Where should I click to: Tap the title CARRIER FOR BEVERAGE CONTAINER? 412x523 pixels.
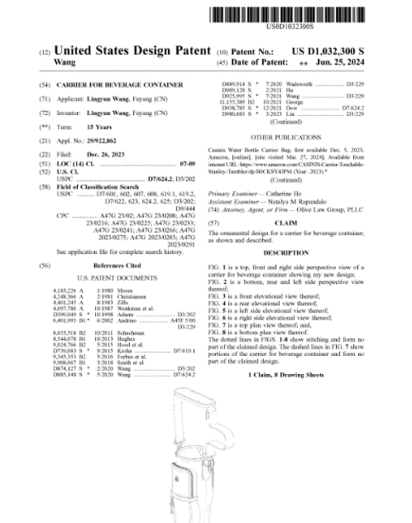pyautogui.click(x=119, y=84)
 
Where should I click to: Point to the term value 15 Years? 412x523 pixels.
pyautogui.click(x=99, y=127)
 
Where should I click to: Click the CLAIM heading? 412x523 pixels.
pyautogui.click(x=286, y=223)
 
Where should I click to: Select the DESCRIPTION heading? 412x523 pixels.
pyautogui.click(x=286, y=253)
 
